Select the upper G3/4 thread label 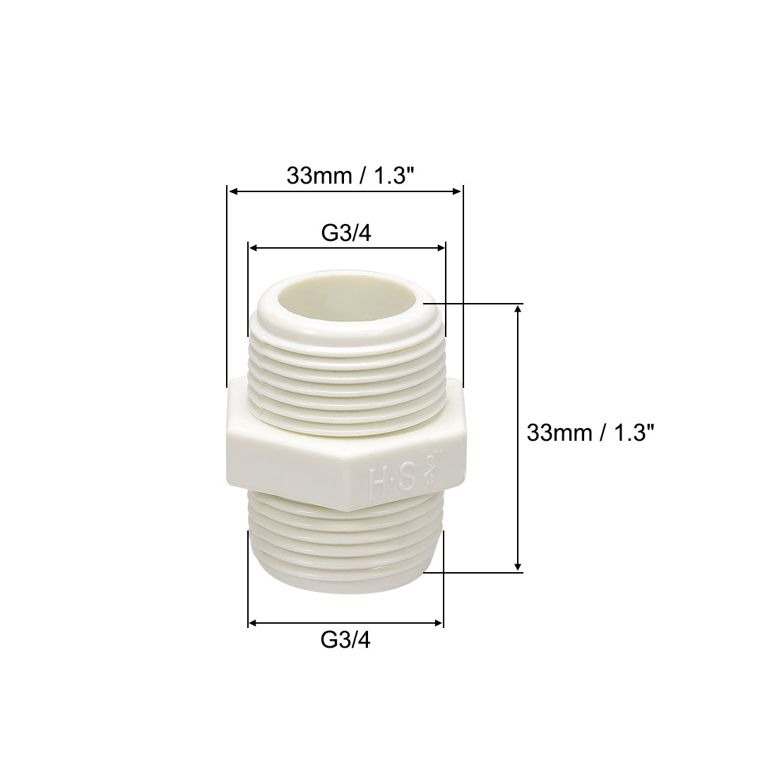point(345,233)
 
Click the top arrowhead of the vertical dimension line point(518,309)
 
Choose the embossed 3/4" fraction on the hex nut point(430,466)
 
